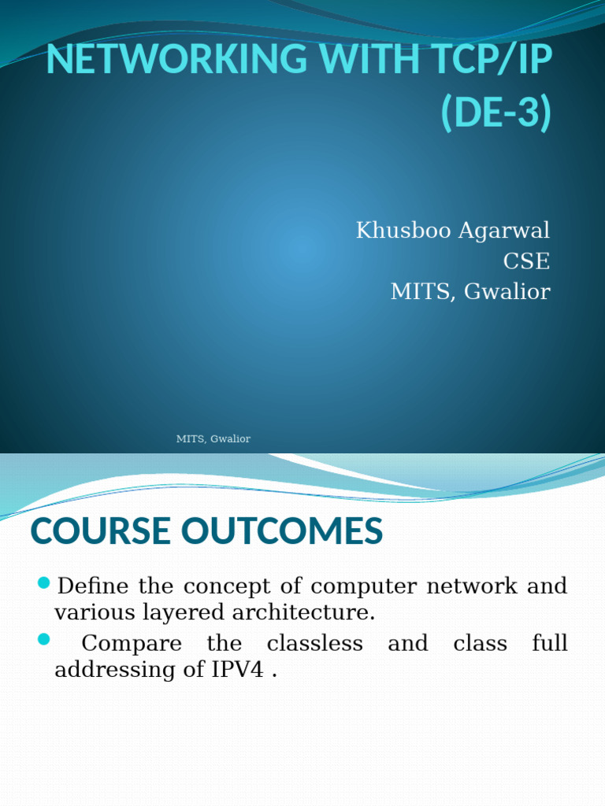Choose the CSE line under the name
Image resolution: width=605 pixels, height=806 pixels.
click(x=526, y=261)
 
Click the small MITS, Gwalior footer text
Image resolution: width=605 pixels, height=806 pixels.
click(x=213, y=438)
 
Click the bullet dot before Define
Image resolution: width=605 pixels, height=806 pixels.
click(x=44, y=583)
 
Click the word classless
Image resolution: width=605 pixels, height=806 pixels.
click(x=314, y=643)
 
